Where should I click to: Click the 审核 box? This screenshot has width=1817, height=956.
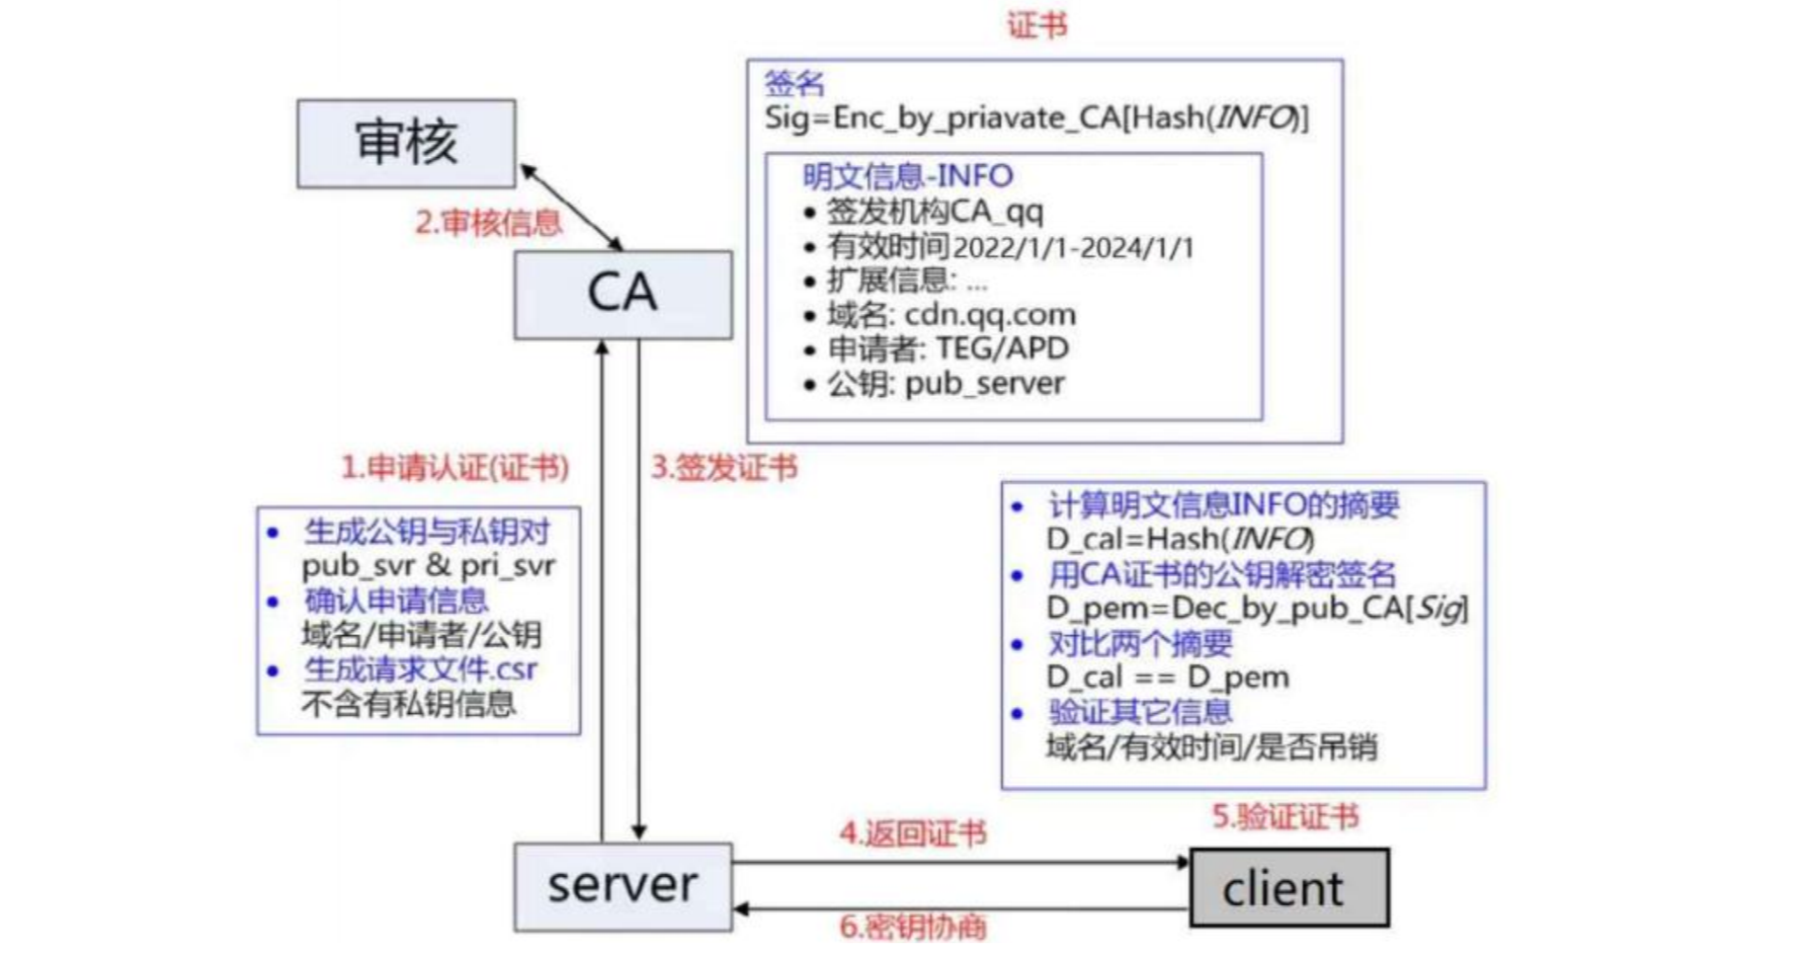click(406, 143)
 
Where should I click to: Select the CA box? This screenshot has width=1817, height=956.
click(622, 294)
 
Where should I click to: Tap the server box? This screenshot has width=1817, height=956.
click(622, 886)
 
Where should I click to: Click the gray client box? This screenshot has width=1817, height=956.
click(1288, 888)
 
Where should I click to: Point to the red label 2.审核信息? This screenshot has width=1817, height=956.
click(488, 222)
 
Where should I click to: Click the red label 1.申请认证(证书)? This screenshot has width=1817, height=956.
click(454, 467)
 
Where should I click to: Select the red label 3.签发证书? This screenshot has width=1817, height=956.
click(723, 467)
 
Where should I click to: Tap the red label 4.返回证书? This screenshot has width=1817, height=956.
click(912, 834)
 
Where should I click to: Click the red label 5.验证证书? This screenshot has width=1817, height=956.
click(1285, 817)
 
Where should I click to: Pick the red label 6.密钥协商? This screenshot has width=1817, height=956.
click(912, 926)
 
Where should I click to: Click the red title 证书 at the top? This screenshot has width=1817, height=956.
click(1036, 25)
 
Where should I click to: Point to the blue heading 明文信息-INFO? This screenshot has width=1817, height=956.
click(907, 176)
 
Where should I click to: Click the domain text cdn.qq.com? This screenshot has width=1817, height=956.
click(990, 315)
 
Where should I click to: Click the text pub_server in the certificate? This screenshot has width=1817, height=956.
click(984, 383)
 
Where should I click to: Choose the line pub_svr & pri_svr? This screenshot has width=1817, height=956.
click(428, 566)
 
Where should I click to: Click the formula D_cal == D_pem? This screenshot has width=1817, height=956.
click(1167, 677)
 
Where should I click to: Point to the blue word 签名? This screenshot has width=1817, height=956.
click(793, 83)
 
